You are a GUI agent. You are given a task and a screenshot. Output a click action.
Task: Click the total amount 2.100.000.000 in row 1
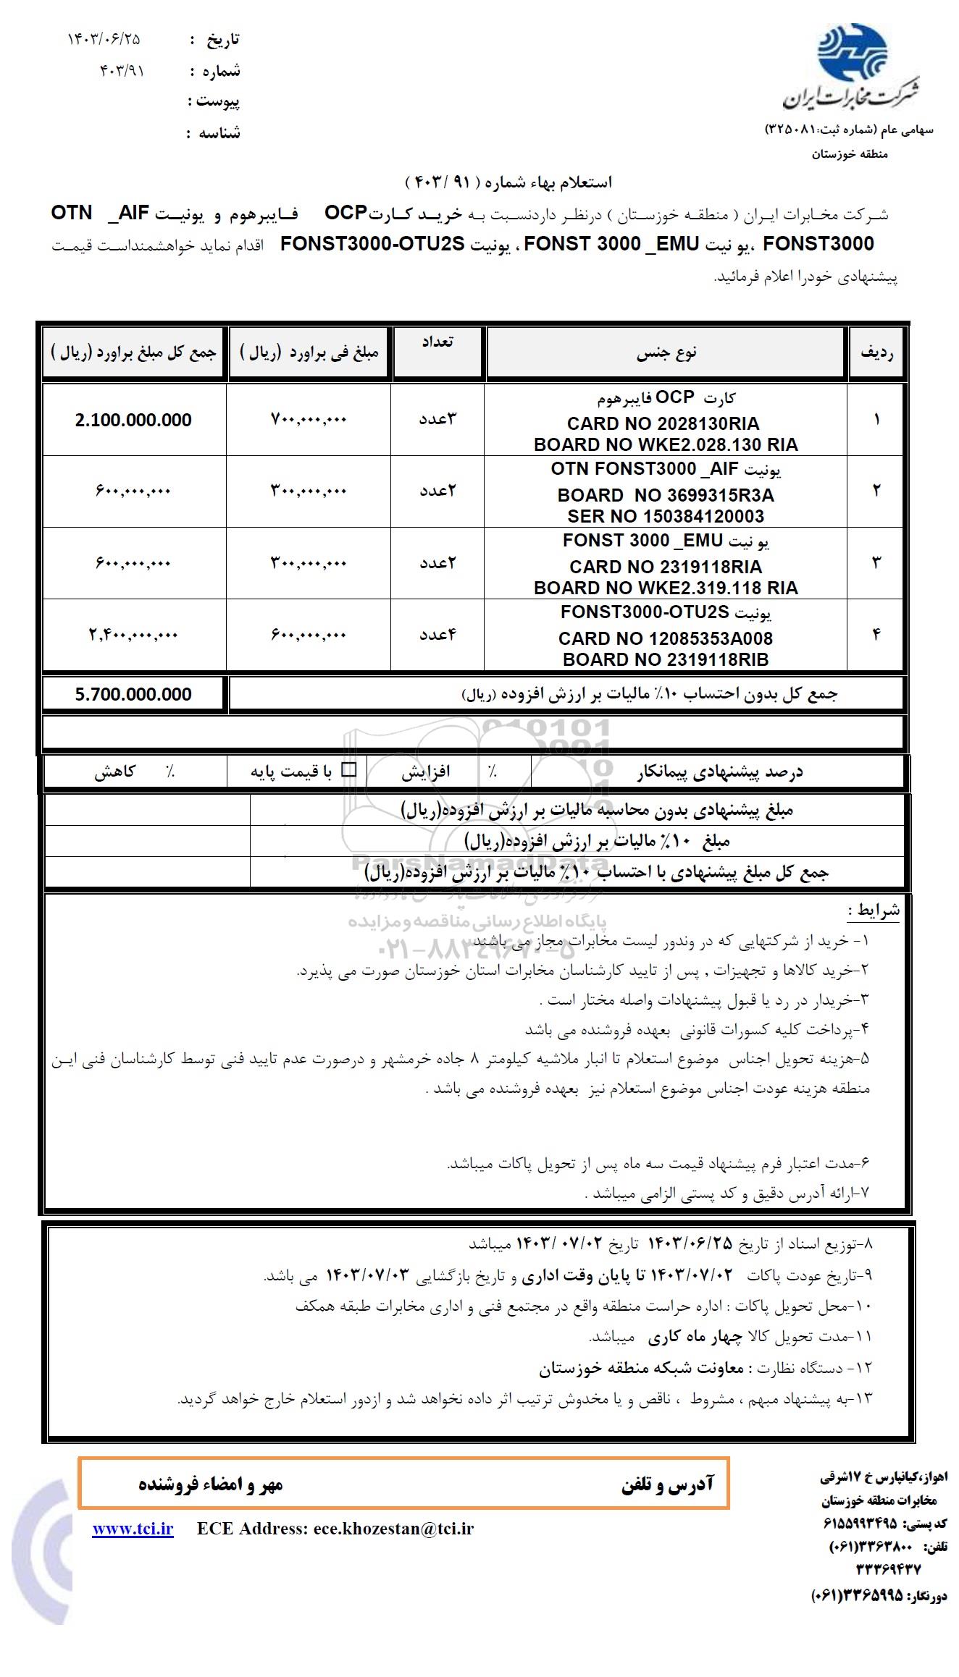point(133,421)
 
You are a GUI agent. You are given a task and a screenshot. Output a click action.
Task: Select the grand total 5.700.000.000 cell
point(133,695)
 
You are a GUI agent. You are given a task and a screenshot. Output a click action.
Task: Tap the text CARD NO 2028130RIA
point(663,423)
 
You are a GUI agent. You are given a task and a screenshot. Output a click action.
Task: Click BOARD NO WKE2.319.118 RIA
point(666,588)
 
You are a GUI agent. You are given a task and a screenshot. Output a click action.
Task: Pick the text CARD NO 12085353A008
point(665,638)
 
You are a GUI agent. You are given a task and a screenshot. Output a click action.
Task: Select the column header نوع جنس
point(666,353)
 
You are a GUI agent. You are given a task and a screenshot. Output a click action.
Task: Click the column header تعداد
point(437,342)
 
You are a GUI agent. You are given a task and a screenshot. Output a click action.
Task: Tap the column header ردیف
point(876,353)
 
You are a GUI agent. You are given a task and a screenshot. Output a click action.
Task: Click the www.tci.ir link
point(133,1528)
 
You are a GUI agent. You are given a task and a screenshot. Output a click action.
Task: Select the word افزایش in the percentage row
point(426,772)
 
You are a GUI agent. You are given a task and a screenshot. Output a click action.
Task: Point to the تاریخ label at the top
point(223,40)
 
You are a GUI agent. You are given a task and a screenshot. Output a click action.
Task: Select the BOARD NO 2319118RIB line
point(665,659)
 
